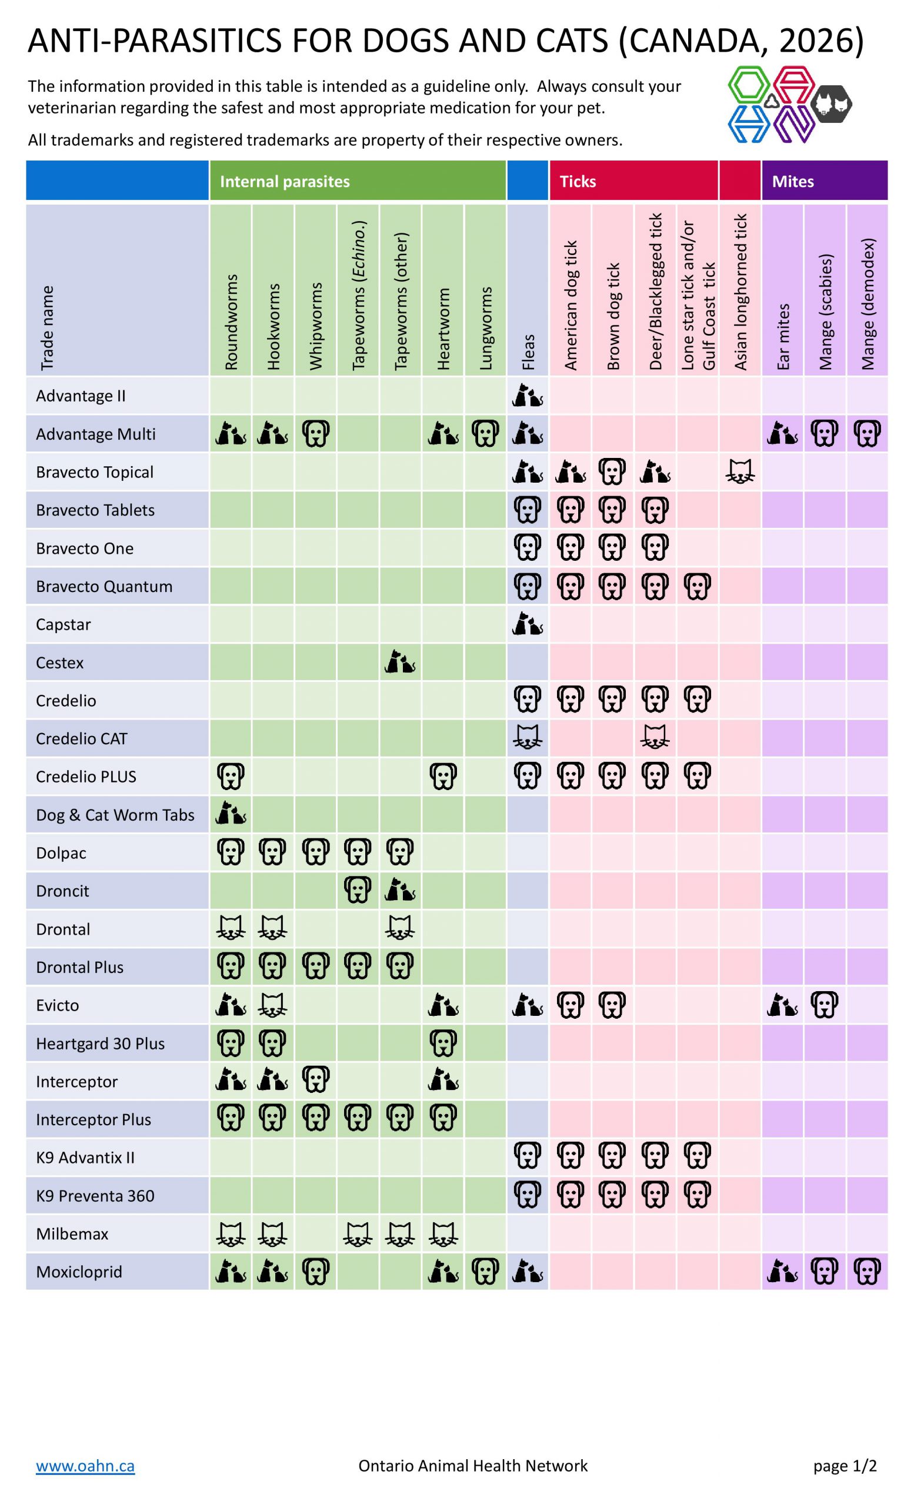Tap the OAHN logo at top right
789,105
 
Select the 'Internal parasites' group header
285,182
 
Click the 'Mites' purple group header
792,182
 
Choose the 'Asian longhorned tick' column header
740,292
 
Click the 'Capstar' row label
64,624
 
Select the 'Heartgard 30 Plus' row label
100,1044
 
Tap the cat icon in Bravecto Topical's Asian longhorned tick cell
740,472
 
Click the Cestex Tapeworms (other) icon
400,662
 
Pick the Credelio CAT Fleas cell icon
527,738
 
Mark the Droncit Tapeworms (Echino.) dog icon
358,891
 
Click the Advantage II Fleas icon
527,396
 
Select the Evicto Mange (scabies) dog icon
825,1005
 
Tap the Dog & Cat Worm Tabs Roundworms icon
231,814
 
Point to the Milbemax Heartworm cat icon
443,1233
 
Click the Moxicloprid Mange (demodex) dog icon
867,1272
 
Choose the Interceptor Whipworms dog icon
316,1081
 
